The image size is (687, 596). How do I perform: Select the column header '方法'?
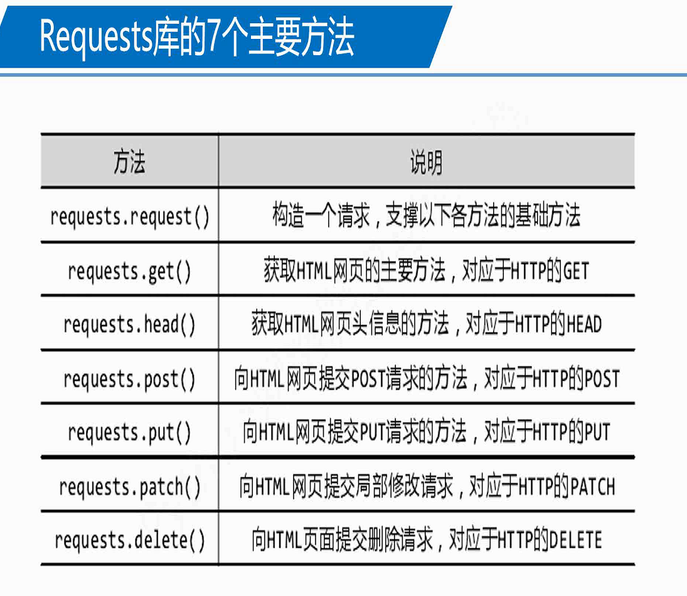pyautogui.click(x=129, y=162)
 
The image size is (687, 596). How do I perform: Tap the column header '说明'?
pyautogui.click(x=426, y=162)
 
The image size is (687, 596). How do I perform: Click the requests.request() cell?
pyautogui.click(x=129, y=216)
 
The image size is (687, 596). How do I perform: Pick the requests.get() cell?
pyautogui.click(x=129, y=271)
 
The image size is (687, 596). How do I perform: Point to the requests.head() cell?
pyautogui.click(x=129, y=325)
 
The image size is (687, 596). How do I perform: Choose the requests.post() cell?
pyautogui.click(x=129, y=379)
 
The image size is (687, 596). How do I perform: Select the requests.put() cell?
pyautogui.click(x=129, y=433)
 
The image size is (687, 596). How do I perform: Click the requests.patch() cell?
pyautogui.click(x=129, y=487)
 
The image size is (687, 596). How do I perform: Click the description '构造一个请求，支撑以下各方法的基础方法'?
pyautogui.click(x=426, y=216)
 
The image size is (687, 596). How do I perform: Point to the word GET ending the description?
pyautogui.click(x=576, y=272)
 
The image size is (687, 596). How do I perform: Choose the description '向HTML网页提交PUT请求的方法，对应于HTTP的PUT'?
pyautogui.click(x=426, y=433)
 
